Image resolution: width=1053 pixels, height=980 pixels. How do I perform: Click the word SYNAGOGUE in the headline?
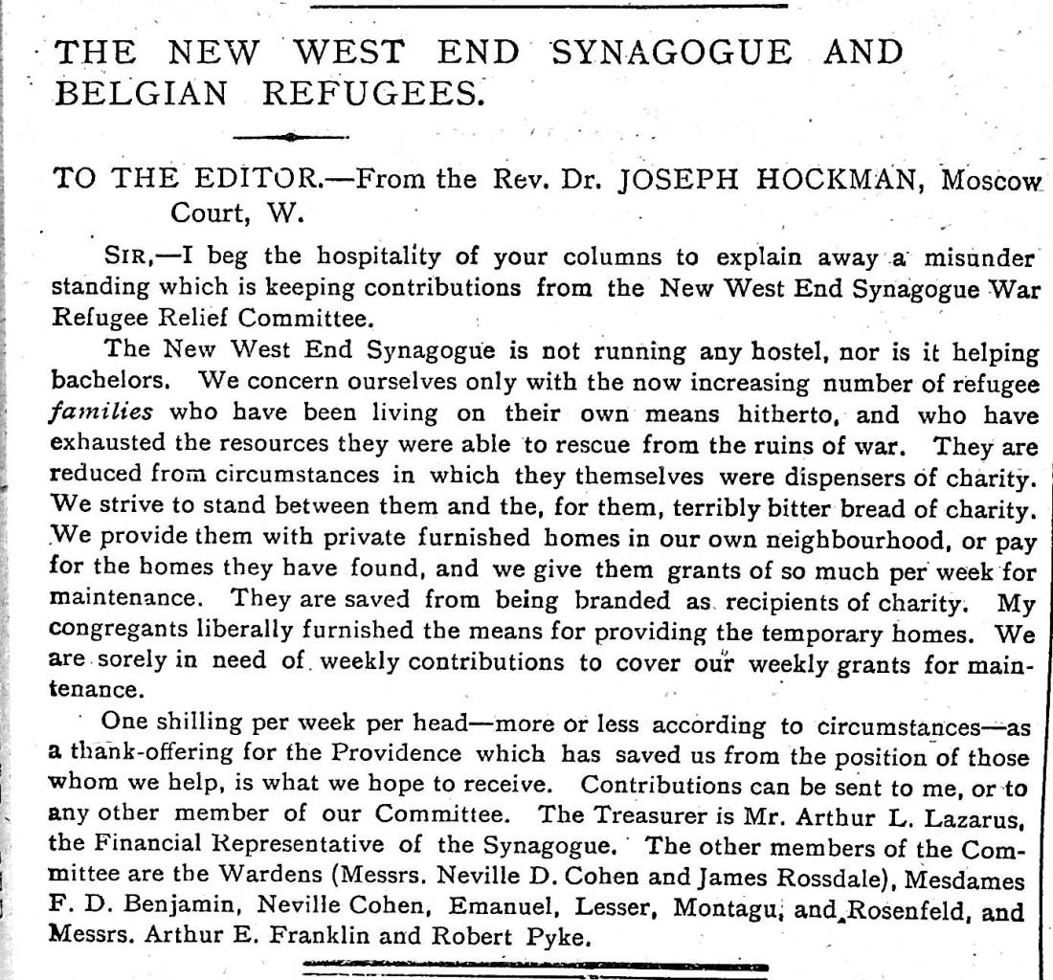671,53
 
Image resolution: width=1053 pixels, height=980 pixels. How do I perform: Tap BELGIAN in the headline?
145,93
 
